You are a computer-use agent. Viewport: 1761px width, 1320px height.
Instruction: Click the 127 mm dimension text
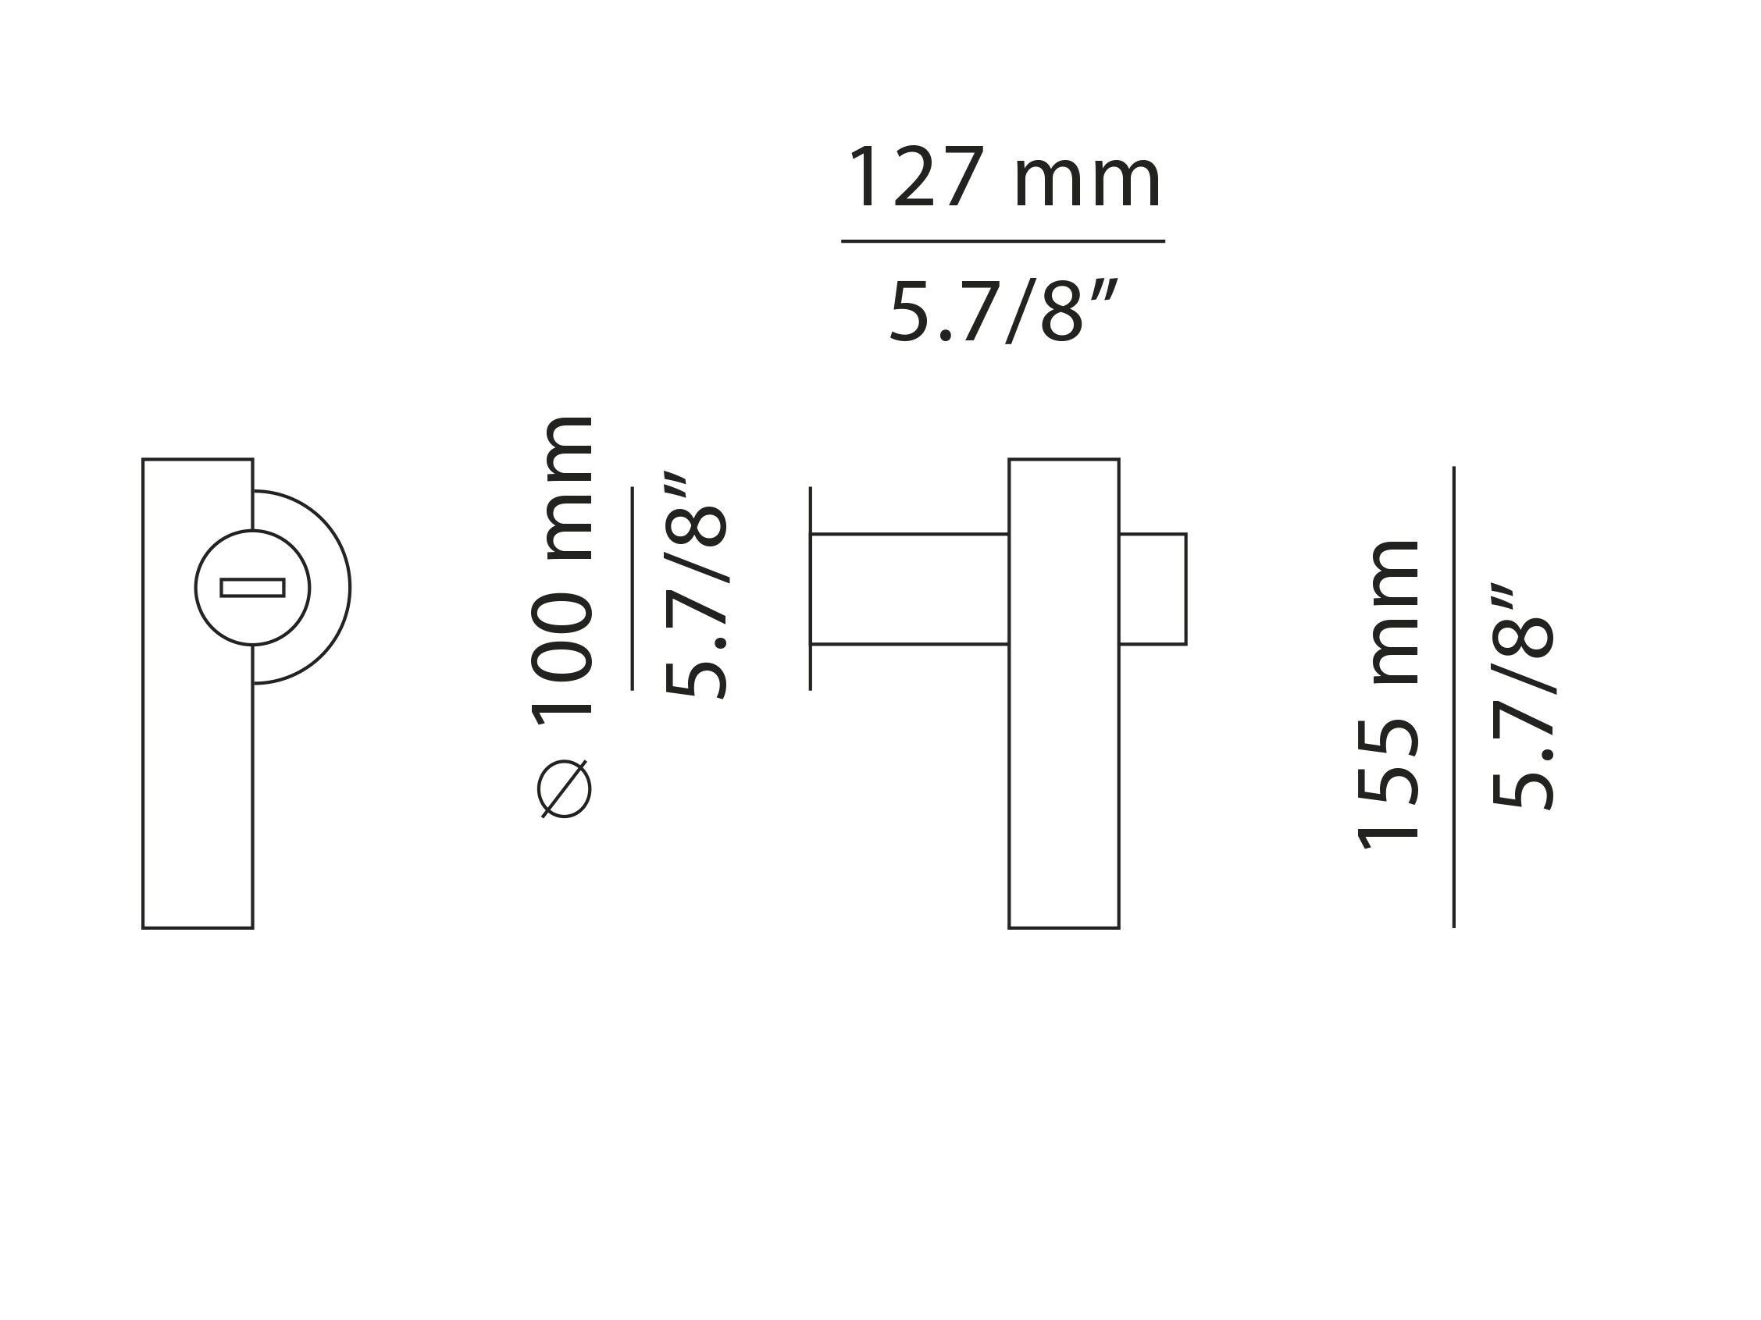(x=1003, y=178)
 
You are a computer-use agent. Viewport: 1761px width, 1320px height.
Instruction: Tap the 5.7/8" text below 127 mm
(x=1003, y=311)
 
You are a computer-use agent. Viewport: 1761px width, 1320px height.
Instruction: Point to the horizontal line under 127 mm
(x=1003, y=240)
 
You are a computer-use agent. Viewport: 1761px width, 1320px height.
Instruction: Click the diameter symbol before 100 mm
(x=565, y=788)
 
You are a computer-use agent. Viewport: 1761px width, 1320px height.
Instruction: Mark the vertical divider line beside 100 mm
(x=632, y=588)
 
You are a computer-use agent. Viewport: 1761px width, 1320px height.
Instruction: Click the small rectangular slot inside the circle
(x=252, y=587)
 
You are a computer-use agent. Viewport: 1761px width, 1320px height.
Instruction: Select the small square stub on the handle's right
(x=1153, y=588)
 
